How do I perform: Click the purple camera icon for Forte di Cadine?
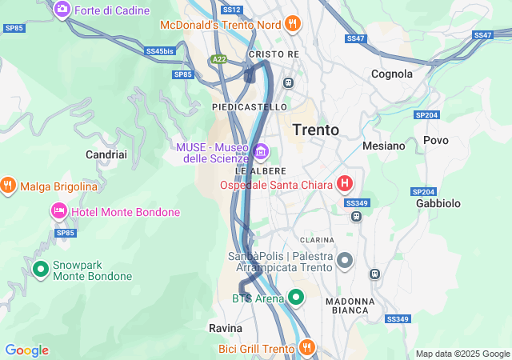tap(62, 10)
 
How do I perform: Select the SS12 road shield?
tap(231, 10)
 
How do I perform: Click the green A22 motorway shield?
tap(218, 59)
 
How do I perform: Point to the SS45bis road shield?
tap(160, 51)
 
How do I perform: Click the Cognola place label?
tap(392, 74)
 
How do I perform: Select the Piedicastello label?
tap(249, 106)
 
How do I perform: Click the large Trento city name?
tap(315, 130)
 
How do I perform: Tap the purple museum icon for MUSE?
tap(260, 151)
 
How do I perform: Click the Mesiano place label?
tap(384, 146)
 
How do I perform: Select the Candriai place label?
tap(106, 154)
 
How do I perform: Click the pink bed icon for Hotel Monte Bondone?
tap(58, 212)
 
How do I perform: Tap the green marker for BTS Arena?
tap(296, 298)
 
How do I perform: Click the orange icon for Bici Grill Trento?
tap(306, 348)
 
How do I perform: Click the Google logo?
tap(26, 350)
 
